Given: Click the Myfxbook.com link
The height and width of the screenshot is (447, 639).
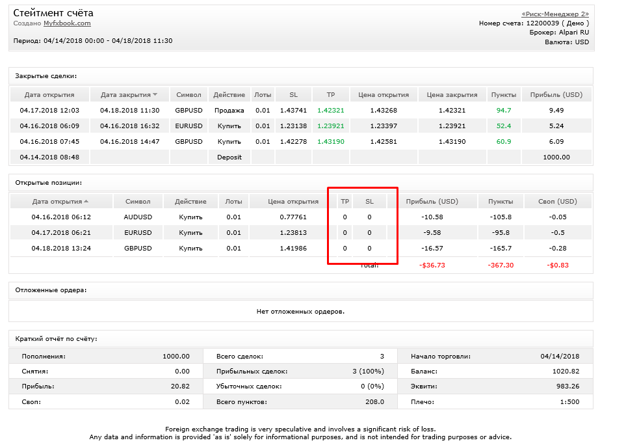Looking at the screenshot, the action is pos(67,23).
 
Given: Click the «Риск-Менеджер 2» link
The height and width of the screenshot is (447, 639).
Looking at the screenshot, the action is pos(555,14).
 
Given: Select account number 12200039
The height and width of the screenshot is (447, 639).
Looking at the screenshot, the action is pos(543,23).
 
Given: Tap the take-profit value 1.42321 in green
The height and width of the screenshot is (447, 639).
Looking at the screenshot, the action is pos(330,110).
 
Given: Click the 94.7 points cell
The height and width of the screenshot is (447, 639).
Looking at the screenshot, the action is pos(504,110).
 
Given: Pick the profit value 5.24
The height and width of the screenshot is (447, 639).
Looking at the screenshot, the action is pos(556,126).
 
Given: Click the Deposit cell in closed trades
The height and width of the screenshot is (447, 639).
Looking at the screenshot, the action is pos(229,157).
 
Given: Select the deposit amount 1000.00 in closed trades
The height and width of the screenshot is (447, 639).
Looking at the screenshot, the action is pos(556,157).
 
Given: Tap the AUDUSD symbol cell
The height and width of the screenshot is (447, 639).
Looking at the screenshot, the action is pos(138,217).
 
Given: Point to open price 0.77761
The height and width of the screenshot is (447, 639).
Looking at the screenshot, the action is pos(293,217).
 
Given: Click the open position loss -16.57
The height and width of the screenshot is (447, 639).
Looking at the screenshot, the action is pos(432,248).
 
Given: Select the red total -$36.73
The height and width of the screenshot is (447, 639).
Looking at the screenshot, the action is pos(432,265).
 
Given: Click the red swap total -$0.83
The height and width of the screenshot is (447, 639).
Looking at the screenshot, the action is pos(558,265).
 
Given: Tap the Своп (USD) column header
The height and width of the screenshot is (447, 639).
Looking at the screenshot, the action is pos(558,202).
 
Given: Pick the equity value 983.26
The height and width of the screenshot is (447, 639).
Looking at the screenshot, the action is pos(567,386).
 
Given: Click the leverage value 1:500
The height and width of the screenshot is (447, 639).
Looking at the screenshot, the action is pos(569,401).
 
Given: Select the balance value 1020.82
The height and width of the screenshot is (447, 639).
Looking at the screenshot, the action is pos(566,371).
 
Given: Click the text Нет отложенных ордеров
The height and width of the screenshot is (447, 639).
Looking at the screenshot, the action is pos(300,312).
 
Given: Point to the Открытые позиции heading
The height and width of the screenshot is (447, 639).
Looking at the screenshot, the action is pos(49,183).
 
